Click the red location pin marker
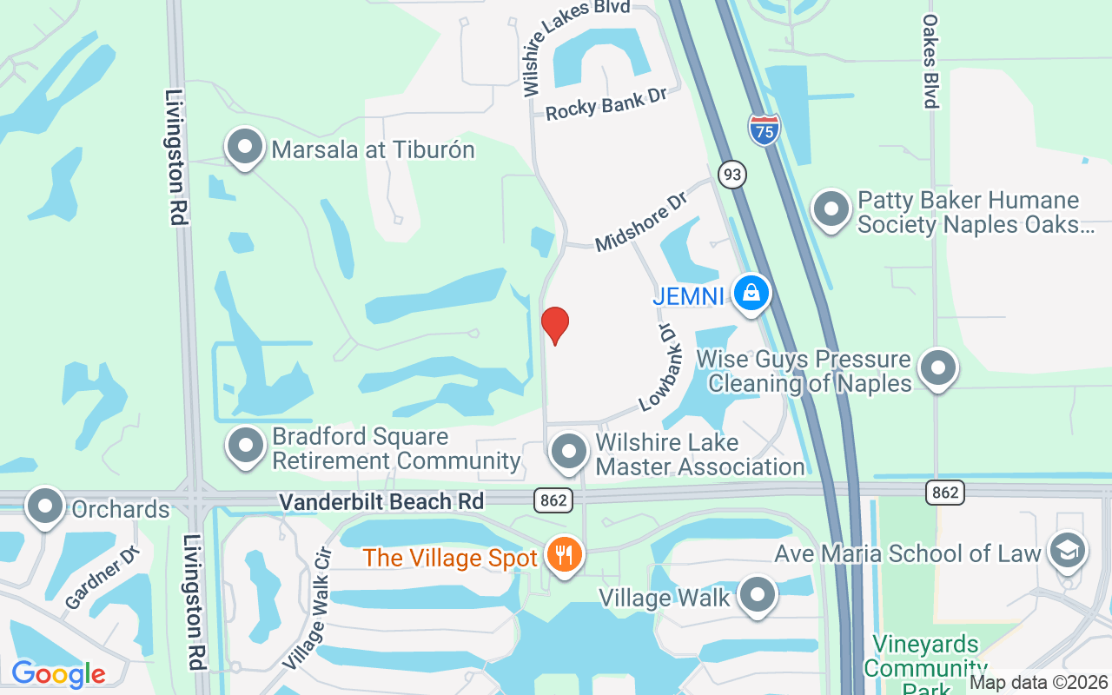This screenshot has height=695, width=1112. (x=555, y=325)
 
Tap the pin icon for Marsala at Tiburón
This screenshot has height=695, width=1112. (x=245, y=147)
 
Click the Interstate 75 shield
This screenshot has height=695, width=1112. (x=764, y=129)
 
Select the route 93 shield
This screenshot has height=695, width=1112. (x=732, y=175)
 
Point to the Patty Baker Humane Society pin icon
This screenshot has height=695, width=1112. (x=831, y=209)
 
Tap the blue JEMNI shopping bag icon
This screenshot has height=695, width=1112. (x=751, y=294)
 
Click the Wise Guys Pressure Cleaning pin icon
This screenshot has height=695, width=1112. (x=937, y=368)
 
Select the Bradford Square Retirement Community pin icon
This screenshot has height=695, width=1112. (x=246, y=446)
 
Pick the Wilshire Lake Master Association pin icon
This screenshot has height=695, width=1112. (x=569, y=452)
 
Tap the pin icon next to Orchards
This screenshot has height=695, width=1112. (x=45, y=506)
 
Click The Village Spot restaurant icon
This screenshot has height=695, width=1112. (x=565, y=553)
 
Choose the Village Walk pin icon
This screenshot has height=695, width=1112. (x=757, y=596)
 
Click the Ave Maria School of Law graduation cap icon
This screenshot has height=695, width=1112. (x=1067, y=551)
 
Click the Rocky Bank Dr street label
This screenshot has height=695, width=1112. (x=606, y=104)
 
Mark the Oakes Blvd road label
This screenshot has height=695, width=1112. (x=930, y=61)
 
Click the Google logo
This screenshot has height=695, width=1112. (x=58, y=674)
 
